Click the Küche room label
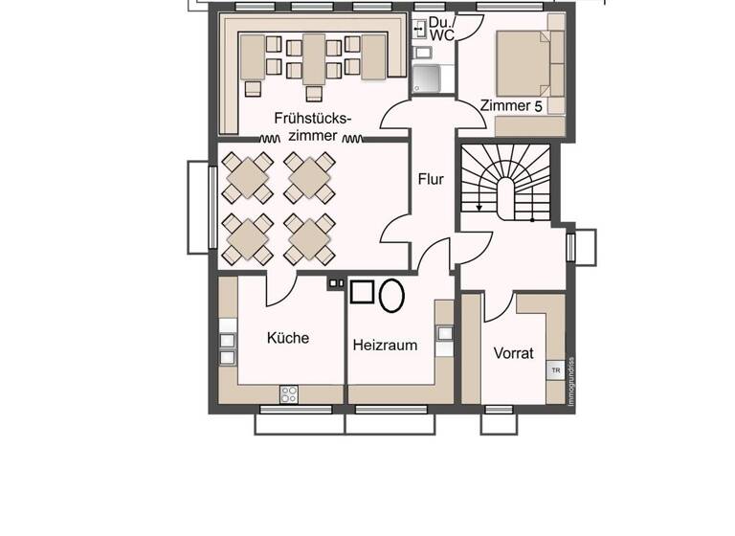[x=287, y=338]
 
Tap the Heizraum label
[x=385, y=345]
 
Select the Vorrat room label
[x=513, y=352]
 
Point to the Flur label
[x=431, y=178]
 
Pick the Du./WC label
[x=441, y=28]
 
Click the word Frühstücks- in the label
[x=312, y=119]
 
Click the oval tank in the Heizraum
[x=391, y=296]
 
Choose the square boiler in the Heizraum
[x=362, y=293]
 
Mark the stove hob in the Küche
[x=289, y=392]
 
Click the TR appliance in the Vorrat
[x=554, y=369]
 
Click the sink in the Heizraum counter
[x=444, y=333]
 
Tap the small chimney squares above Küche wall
[x=336, y=283]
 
